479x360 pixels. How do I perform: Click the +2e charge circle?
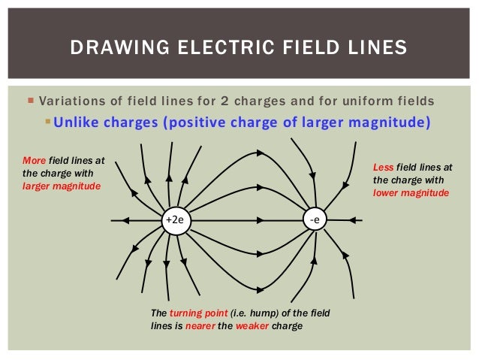(173, 220)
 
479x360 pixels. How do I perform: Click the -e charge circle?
(315, 220)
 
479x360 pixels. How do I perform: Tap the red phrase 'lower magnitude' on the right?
(411, 192)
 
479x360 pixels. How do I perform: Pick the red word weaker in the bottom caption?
(256, 325)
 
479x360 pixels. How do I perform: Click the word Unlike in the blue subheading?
(76, 123)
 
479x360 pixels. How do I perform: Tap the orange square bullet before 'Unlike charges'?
(48, 122)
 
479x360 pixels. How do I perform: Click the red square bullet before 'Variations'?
(29, 101)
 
